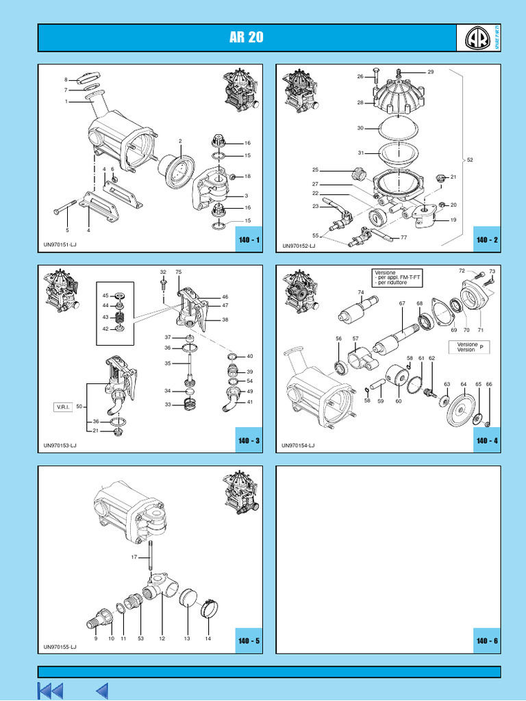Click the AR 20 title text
tap(247, 38)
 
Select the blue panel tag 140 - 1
tap(249, 240)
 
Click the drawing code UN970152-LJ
tap(299, 246)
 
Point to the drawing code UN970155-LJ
tap(60, 646)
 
